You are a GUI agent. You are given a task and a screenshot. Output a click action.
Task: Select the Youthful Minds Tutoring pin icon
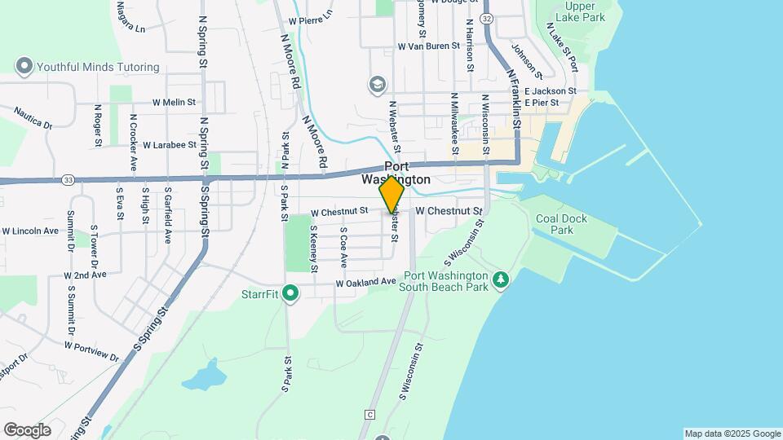coord(24,65)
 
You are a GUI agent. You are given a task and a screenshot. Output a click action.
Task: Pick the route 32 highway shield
coord(487,18)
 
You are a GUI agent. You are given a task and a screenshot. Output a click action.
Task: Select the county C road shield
coord(369,414)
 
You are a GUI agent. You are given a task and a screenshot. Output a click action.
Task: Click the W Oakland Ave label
coord(366,283)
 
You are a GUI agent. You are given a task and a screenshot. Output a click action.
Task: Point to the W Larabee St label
coord(169,145)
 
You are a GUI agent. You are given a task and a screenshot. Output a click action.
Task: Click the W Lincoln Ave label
coord(30,231)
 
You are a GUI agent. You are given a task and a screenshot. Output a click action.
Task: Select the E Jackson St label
coord(551,91)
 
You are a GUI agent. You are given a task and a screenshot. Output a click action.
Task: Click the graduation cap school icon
coord(377,84)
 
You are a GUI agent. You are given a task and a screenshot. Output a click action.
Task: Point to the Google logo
coord(27,429)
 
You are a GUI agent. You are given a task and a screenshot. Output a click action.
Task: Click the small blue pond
coord(203,376)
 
